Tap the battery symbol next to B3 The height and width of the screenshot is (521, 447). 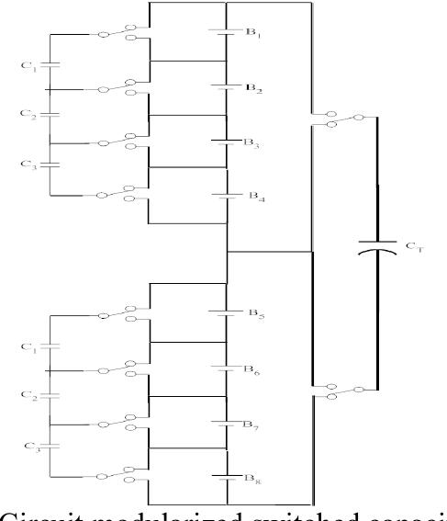(x=226, y=141)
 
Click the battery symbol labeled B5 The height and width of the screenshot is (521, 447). (x=226, y=312)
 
